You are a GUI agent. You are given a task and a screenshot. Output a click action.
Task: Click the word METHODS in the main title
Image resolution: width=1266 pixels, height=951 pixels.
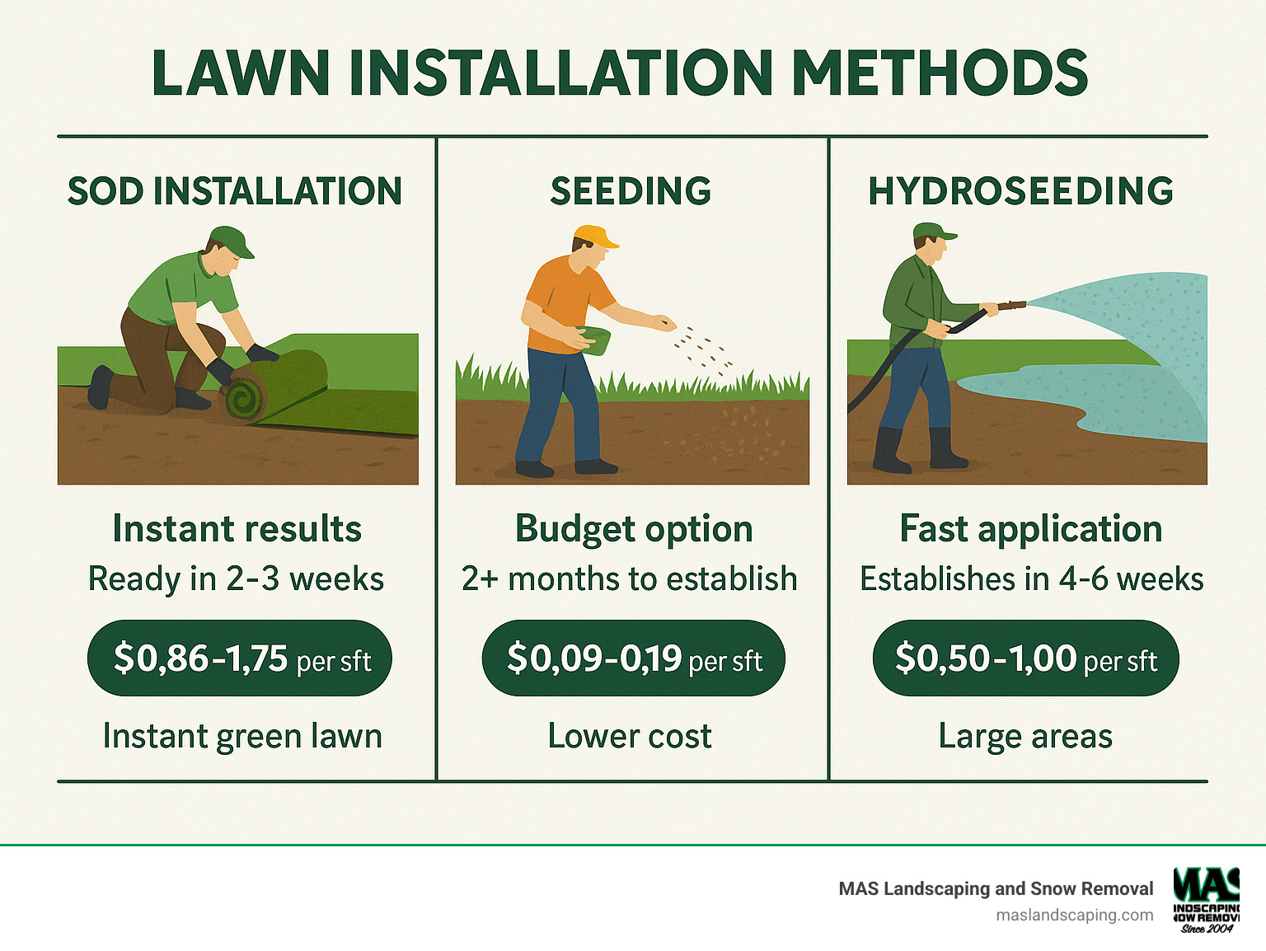(x=940, y=73)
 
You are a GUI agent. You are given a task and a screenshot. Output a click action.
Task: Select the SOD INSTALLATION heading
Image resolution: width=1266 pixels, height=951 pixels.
(x=235, y=191)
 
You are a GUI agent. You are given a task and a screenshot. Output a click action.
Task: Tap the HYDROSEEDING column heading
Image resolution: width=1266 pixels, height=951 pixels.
(x=1020, y=191)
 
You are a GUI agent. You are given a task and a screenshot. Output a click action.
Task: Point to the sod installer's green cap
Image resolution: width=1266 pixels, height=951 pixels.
(x=233, y=240)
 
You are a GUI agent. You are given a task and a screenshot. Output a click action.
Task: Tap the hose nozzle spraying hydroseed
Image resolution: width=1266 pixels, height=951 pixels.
(x=1012, y=306)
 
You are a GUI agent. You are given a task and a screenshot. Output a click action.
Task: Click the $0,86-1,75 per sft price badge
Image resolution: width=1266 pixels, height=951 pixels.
(x=240, y=658)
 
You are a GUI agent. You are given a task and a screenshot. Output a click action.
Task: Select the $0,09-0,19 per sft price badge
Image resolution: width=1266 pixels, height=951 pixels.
(x=633, y=658)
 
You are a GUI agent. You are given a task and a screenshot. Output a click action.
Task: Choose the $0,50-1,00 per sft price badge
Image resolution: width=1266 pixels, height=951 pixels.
(x=1025, y=658)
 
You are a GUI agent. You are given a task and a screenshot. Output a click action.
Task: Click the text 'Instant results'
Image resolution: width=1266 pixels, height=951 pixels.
(x=237, y=529)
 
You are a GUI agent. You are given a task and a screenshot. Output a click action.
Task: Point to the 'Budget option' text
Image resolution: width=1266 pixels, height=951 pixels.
(x=634, y=529)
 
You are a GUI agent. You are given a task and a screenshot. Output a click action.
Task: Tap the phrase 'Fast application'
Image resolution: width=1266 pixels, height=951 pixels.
(x=1030, y=529)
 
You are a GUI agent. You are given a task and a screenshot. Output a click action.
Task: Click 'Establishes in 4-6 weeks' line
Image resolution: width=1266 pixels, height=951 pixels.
(x=1031, y=579)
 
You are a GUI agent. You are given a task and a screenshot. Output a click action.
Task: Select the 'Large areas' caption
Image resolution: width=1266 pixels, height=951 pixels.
(x=1025, y=736)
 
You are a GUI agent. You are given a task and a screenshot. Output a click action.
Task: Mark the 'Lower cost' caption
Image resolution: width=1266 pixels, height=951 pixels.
(x=630, y=736)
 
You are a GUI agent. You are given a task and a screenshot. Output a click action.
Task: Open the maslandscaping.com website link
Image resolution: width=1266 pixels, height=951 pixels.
(x=1074, y=915)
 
